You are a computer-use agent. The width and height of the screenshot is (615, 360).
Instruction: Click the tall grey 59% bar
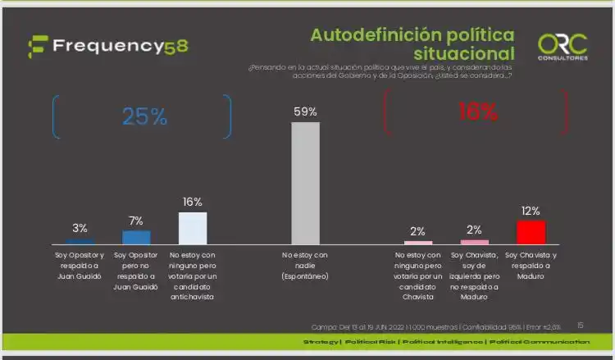coord(306,182)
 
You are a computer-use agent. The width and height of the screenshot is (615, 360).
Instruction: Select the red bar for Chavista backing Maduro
coord(531,232)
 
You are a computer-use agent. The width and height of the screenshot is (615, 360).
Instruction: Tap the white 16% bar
coord(193,228)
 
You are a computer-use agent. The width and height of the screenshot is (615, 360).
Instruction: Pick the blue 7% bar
coord(136,237)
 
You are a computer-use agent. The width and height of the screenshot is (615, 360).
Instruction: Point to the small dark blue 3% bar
coord(80,241)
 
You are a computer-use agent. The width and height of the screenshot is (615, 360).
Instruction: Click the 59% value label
coord(306,112)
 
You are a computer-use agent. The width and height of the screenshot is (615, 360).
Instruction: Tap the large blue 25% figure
coord(144,117)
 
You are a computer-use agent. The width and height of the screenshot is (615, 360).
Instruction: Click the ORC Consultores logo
coord(562,46)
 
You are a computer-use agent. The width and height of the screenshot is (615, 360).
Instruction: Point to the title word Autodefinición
coord(371,35)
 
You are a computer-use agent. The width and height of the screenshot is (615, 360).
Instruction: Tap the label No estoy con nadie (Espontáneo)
coord(306,266)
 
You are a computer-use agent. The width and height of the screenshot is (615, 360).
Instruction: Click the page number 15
coord(581,325)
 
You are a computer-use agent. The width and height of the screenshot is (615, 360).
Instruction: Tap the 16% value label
coord(193,202)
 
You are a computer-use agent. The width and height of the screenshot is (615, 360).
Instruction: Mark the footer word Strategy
coord(321,341)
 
